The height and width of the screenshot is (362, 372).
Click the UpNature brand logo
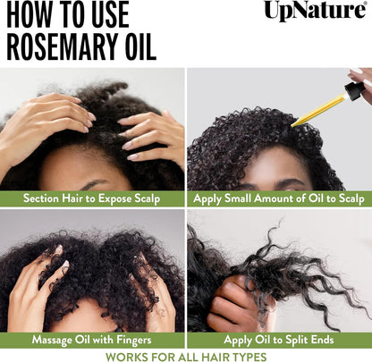coord(315,12)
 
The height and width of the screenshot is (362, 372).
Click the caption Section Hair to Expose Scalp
coord(92,198)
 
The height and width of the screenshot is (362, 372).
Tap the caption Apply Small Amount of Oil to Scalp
coord(279,198)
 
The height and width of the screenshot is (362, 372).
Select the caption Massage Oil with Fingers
coord(92,341)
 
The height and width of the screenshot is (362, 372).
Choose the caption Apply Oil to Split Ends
coord(279,341)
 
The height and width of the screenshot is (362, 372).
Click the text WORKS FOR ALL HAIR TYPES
coord(186,355)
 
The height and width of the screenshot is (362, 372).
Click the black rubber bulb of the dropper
coord(359,89)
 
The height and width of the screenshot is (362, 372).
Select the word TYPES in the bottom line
coord(245,355)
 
